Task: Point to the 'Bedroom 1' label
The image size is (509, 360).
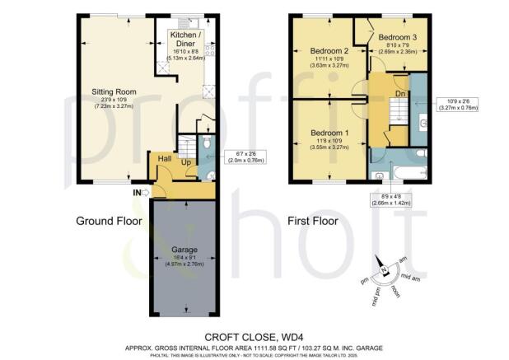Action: [329, 133]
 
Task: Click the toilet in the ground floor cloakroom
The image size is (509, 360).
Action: [209, 173]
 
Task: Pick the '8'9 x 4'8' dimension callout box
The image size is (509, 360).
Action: [390, 199]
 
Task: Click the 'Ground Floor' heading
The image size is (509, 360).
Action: [107, 221]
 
